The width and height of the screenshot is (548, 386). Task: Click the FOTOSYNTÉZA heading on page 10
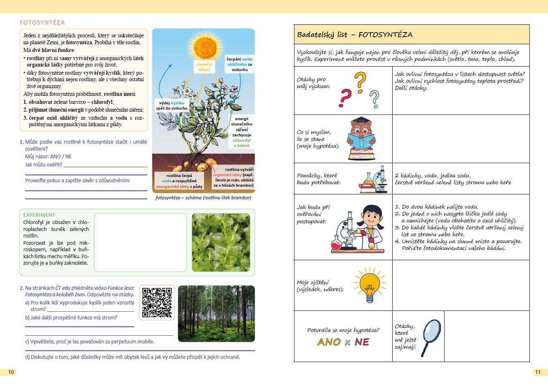coord(42,23)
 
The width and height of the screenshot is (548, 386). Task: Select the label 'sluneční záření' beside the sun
coord(204,67)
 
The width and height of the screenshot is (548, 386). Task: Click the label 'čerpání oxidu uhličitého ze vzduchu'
coord(239,64)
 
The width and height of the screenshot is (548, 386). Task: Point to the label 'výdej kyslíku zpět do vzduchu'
coord(172,106)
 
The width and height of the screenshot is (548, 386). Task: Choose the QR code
coord(157,302)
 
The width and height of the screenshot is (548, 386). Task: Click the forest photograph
coord(216,313)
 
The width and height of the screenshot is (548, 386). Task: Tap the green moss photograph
coord(221,242)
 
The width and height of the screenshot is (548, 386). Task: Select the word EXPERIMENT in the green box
coord(39,215)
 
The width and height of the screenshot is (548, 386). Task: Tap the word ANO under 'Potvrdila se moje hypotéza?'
coord(329,342)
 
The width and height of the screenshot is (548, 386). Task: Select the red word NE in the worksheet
coord(362,342)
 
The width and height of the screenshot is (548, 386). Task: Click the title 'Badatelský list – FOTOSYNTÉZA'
coord(355,35)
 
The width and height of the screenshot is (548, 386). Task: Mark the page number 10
coord(11,372)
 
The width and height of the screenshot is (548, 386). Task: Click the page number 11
coord(538,372)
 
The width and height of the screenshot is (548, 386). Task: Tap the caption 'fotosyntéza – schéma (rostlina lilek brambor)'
coord(203,198)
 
